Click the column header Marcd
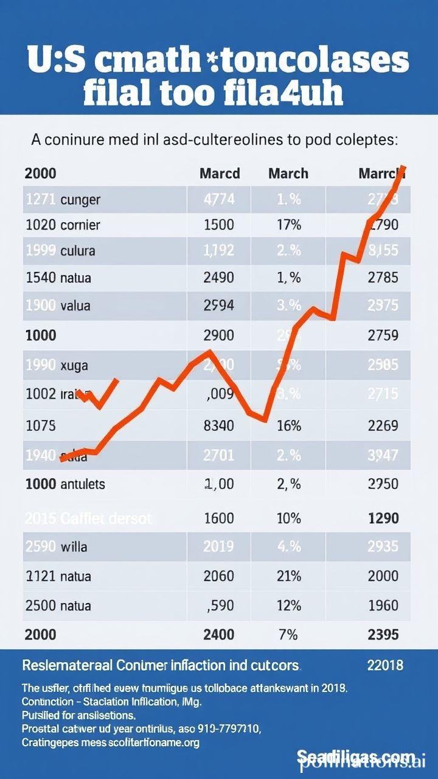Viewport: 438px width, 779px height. (220, 173)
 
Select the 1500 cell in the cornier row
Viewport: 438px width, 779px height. (218, 225)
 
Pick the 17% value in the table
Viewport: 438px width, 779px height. (288, 225)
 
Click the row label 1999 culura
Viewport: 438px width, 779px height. (60, 251)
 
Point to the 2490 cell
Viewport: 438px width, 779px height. (218, 278)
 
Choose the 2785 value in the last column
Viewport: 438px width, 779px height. (383, 278)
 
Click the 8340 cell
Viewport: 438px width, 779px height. (218, 425)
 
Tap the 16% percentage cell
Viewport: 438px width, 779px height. (288, 425)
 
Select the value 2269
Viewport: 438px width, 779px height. (383, 425)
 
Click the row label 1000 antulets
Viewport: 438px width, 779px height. (64, 484)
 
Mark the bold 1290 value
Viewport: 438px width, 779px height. (383, 519)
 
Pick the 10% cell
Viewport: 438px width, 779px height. (288, 519)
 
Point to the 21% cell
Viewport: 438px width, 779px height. (288, 576)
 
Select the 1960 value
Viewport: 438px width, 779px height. (383, 606)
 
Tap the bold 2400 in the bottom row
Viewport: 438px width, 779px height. (218, 635)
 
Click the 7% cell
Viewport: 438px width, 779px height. (288, 635)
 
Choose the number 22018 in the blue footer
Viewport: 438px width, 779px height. (384, 665)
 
